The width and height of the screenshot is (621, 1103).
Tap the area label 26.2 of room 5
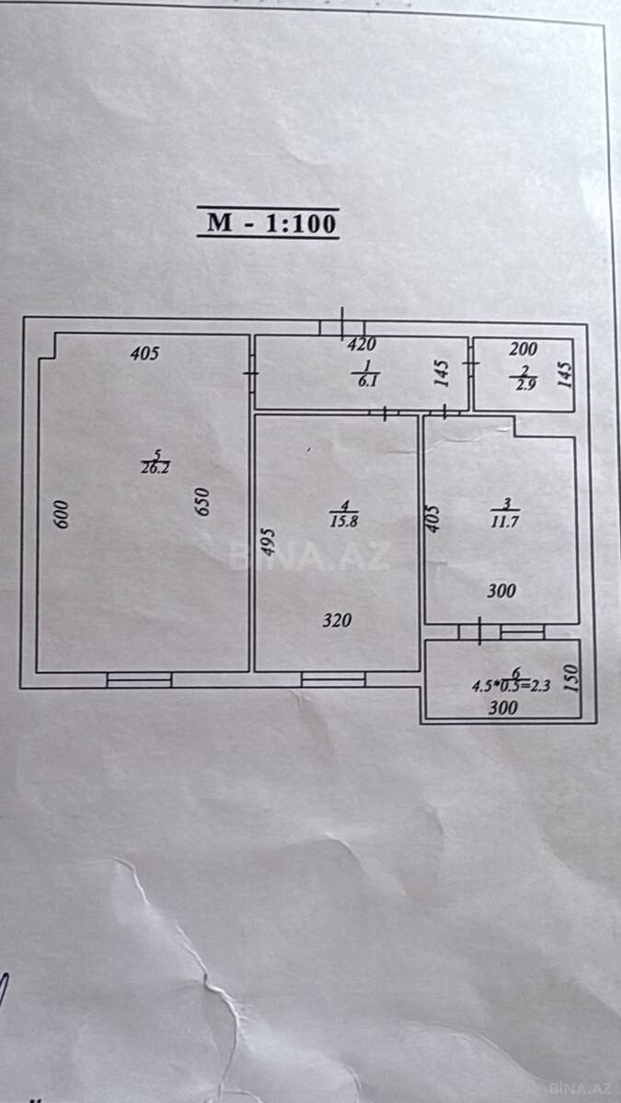[x=155, y=468]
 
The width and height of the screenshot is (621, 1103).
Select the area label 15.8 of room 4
[x=344, y=521]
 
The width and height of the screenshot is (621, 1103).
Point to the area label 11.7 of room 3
[x=505, y=521]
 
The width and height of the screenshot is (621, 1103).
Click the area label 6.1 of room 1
[x=367, y=381]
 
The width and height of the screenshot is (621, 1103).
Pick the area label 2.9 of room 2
[x=525, y=384]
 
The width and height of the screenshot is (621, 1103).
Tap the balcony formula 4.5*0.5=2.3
[x=511, y=686]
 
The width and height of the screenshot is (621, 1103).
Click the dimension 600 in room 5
[x=61, y=514]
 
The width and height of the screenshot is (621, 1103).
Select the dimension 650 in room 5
[x=202, y=502]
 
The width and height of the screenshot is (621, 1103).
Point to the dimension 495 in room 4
[x=268, y=542]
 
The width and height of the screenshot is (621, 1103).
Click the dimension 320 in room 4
[x=337, y=620]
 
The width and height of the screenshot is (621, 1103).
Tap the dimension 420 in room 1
[x=362, y=344]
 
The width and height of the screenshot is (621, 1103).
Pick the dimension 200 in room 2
[x=523, y=349]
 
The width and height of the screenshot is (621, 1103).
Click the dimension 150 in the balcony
[x=570, y=678]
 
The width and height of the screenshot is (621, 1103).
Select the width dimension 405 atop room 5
[x=145, y=353]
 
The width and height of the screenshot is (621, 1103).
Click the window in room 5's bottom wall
[x=139, y=679]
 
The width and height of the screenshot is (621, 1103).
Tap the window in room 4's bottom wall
[x=333, y=679]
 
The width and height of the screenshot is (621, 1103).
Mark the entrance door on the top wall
[x=342, y=327]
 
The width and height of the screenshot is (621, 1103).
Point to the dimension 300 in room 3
[x=501, y=591]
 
